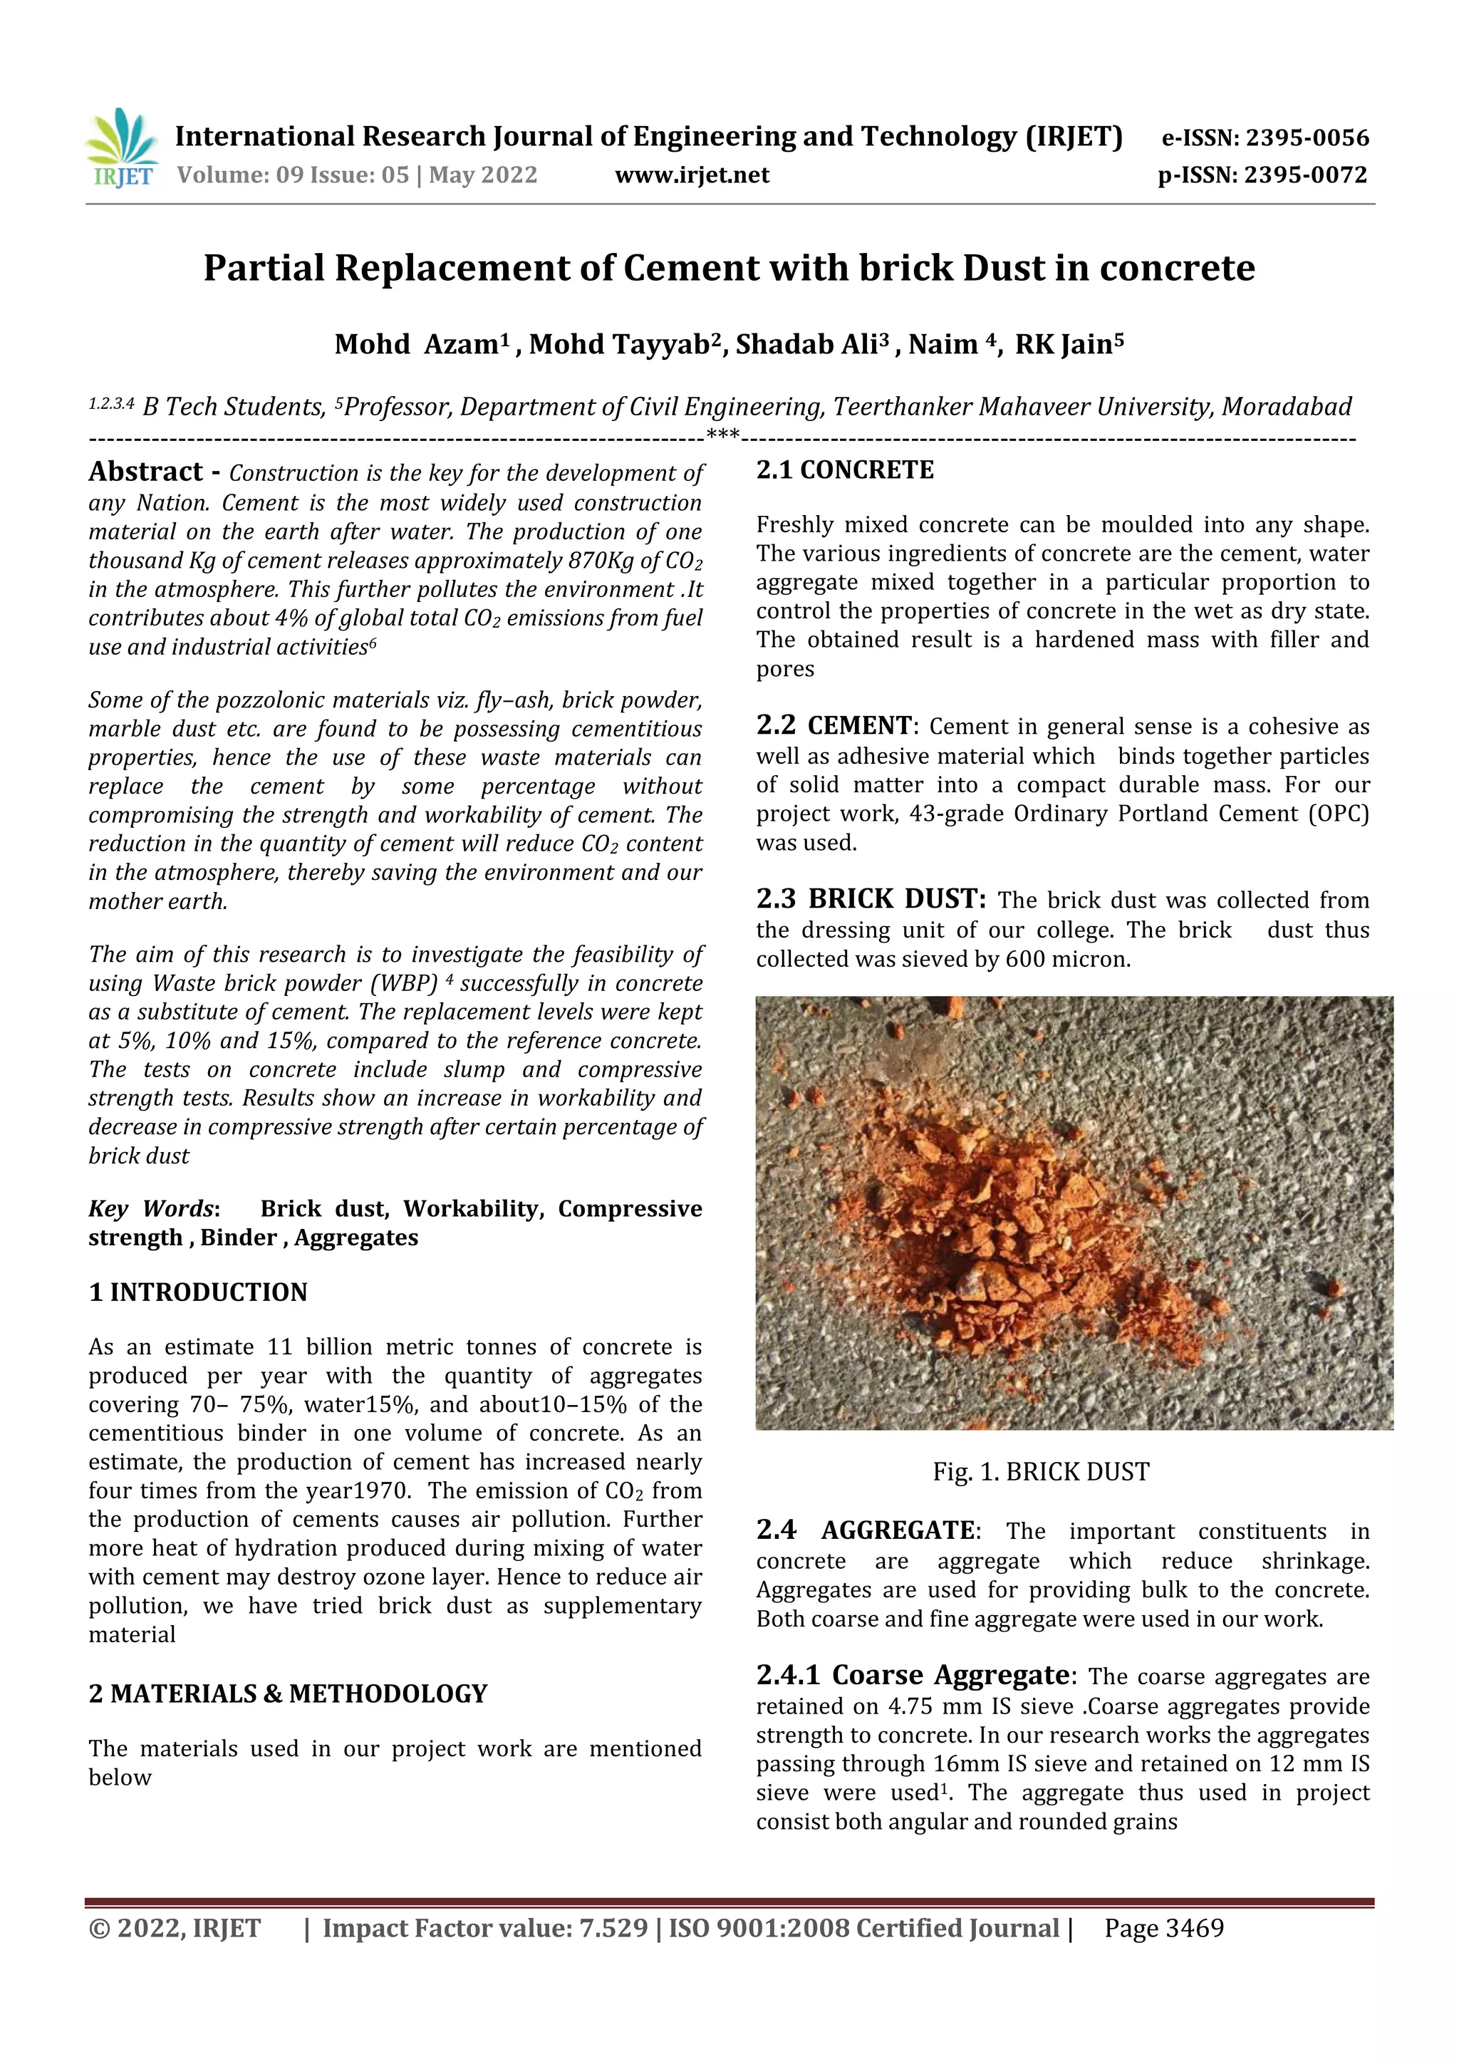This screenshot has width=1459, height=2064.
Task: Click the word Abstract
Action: pos(145,472)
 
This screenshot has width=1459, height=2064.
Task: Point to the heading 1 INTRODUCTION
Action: pos(198,1292)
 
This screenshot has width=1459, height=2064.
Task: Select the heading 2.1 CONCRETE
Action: pos(844,470)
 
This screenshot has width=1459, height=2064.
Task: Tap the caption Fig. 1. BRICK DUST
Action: pos(1040,1472)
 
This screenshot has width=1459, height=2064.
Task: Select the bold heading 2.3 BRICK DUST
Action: pos(870,899)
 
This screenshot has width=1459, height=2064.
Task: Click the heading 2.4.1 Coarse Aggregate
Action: pos(913,1675)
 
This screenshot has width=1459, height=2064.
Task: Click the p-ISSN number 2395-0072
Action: pos(1306,175)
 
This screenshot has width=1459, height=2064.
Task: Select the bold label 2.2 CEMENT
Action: pos(834,725)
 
